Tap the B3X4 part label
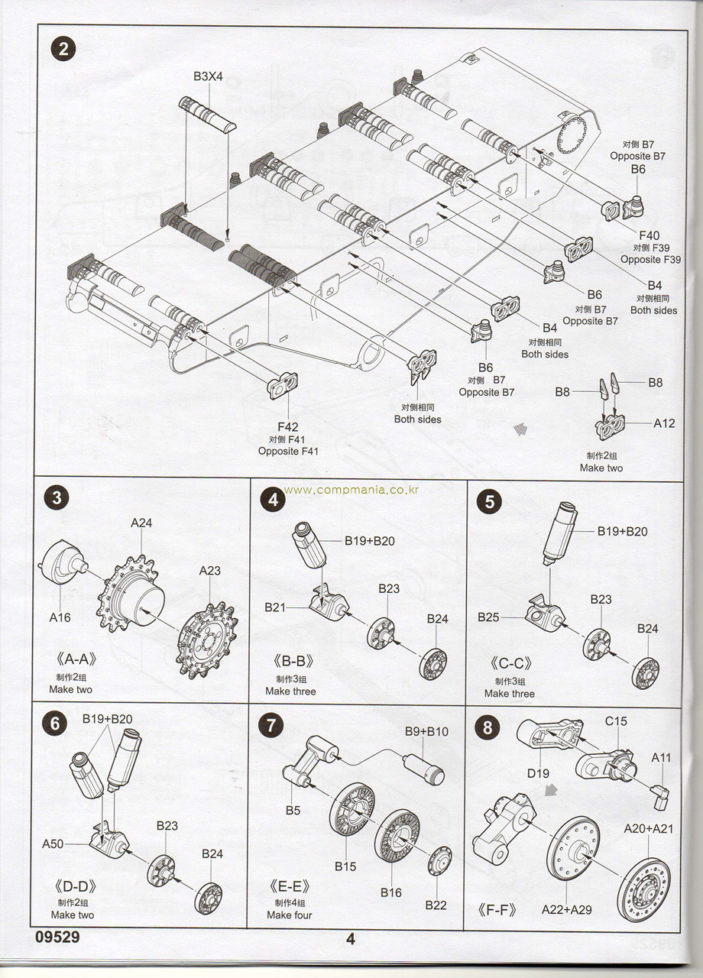pos(208,76)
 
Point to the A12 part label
pos(664,423)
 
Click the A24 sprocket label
pos(141,523)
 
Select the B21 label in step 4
pos(275,607)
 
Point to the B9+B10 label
pos(426,731)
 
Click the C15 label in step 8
pos(616,721)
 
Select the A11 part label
pos(661,757)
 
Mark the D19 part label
pos(538,773)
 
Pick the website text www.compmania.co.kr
pos(351,490)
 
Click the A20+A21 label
pos(648,828)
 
